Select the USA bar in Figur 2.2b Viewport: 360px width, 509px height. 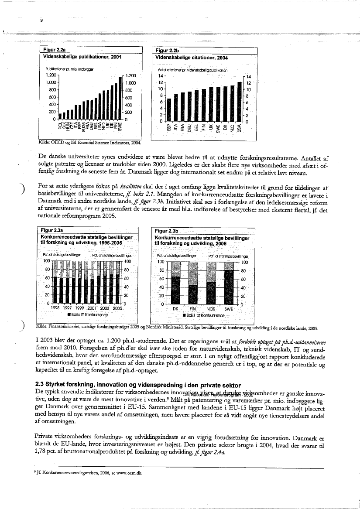(x=240, y=101)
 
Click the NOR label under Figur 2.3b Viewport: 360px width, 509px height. (x=211, y=308)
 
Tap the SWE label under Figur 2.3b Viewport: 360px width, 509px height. (x=229, y=308)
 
